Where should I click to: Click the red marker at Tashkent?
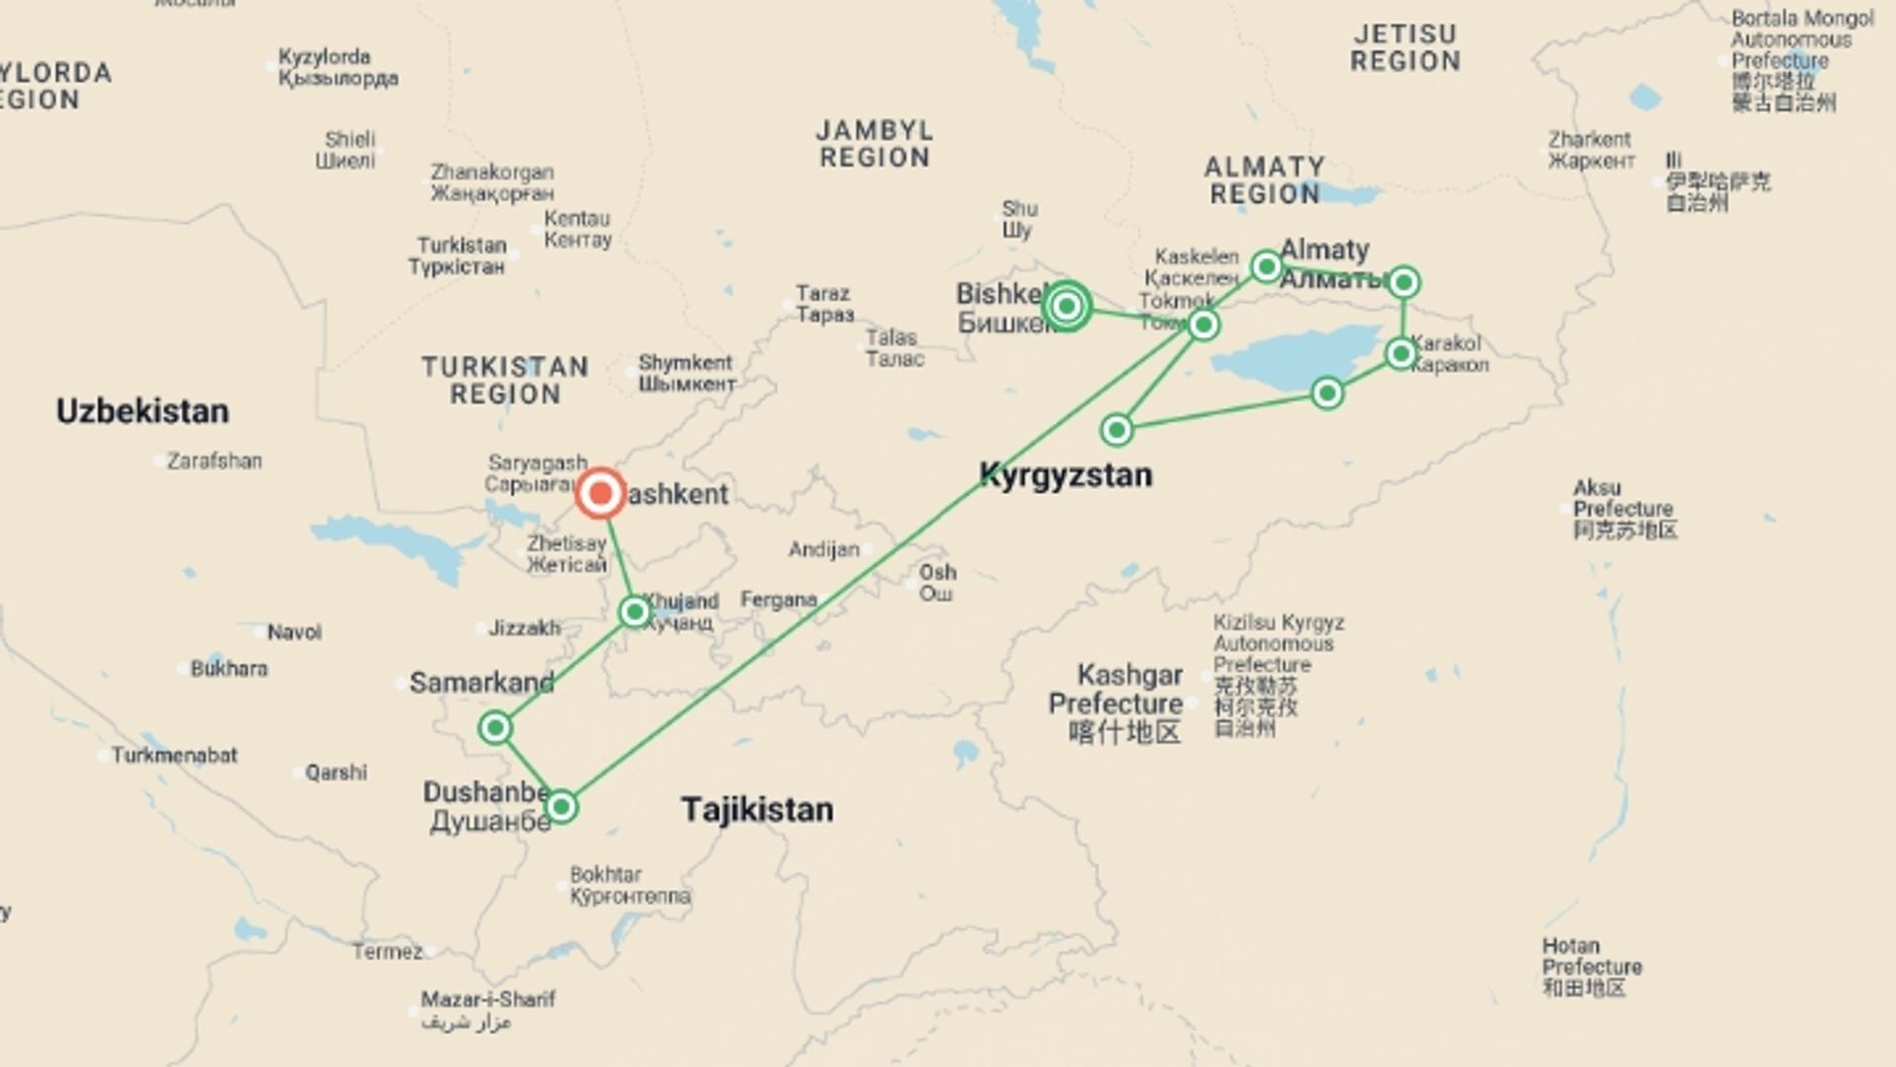pos(600,494)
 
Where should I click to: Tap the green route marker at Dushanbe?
pos(561,807)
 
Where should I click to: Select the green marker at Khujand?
pos(635,613)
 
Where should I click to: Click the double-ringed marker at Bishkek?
pos(1066,306)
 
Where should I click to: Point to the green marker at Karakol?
pos(1401,354)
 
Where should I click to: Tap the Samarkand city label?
pos(482,683)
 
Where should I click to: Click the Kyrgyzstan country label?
pos(1066,475)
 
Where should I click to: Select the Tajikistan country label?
pos(757,810)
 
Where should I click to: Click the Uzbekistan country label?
pos(142,411)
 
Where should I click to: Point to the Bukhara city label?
pos(229,669)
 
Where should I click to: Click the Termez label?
pos(387,951)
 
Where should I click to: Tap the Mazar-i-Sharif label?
pos(488,1000)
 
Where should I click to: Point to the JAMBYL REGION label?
pos(875,144)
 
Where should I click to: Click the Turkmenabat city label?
pos(174,756)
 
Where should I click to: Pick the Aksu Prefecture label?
pos(1623,509)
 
